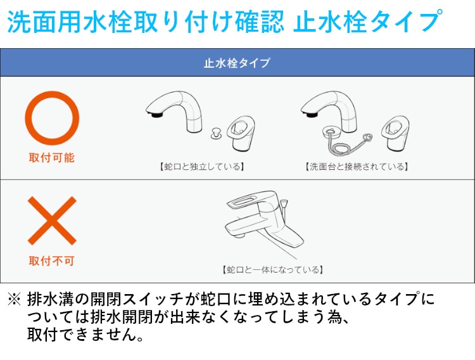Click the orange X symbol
(52, 221)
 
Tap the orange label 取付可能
(52, 158)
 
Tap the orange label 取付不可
(52, 261)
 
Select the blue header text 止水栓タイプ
(237, 63)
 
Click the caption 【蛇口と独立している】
(202, 167)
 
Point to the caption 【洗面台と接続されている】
(357, 167)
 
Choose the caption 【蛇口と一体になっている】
(272, 269)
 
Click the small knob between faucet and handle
(216, 134)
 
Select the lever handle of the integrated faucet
(251, 199)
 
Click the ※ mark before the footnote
(14, 299)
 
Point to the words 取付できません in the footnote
(81, 334)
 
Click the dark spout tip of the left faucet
(156, 114)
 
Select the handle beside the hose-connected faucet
(395, 133)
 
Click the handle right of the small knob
(241, 134)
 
